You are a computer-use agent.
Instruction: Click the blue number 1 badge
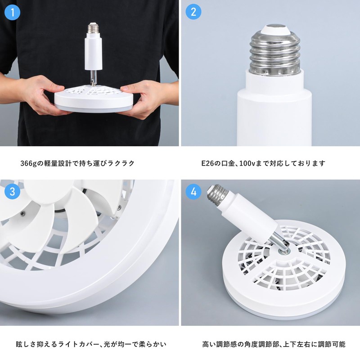click(x=13, y=12)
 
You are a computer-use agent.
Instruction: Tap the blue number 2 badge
click(x=193, y=12)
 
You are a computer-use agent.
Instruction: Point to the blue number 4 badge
click(x=193, y=192)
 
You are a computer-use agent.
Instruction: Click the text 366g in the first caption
click(x=29, y=163)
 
